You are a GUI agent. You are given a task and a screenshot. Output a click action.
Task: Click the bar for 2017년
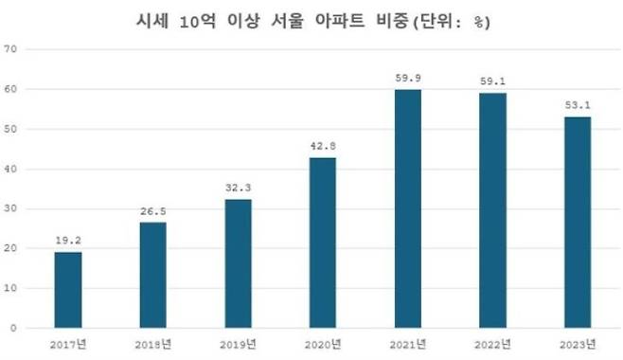pyautogui.click(x=67, y=290)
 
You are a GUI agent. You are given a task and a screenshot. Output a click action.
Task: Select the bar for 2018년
pyautogui.click(x=152, y=275)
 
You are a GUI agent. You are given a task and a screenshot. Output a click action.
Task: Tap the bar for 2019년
pyautogui.click(x=238, y=263)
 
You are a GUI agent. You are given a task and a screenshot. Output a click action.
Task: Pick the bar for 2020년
pyautogui.click(x=323, y=243)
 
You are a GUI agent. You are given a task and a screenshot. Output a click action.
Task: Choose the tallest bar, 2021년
pyautogui.click(x=408, y=208)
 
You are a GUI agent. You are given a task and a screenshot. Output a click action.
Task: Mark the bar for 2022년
pyautogui.click(x=492, y=210)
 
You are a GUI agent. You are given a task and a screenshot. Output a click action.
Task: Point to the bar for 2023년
pyautogui.click(x=578, y=222)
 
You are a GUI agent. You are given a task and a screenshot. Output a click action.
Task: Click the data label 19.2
pyautogui.click(x=67, y=242)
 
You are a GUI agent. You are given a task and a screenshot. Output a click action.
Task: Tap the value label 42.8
pyautogui.click(x=323, y=147)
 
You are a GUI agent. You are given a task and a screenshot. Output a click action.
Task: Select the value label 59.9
pyautogui.click(x=408, y=79)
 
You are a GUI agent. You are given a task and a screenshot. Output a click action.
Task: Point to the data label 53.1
pyautogui.click(x=578, y=105)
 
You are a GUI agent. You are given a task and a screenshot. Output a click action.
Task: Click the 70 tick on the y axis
pyautogui.click(x=11, y=49)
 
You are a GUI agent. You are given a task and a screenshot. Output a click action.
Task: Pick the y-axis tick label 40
pyautogui.click(x=11, y=169)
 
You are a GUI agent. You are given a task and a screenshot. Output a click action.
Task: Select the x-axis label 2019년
pyautogui.click(x=238, y=343)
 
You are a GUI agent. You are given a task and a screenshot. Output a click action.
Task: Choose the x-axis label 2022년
pyautogui.click(x=492, y=343)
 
